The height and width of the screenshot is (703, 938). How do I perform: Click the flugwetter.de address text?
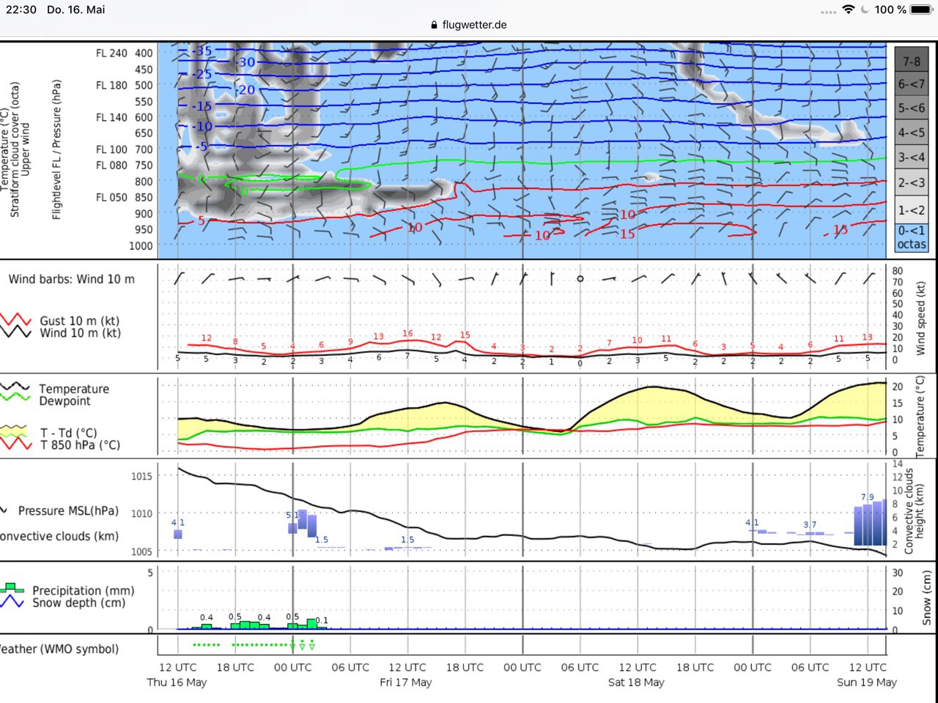click(x=474, y=25)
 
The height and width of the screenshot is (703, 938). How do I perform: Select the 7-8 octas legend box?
click(x=911, y=62)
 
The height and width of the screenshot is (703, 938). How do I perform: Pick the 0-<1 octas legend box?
click(x=911, y=237)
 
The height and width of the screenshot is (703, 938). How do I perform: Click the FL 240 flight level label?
click(x=111, y=53)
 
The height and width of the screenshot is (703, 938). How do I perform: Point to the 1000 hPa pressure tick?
click(x=141, y=246)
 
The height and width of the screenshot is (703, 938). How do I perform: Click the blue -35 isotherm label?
click(x=202, y=51)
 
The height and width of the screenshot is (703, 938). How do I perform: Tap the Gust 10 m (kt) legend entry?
click(x=79, y=321)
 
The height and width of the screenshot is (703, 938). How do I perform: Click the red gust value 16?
click(x=407, y=334)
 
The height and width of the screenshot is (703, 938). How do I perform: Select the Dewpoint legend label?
click(x=64, y=401)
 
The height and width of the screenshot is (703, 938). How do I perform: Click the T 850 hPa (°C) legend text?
click(x=80, y=445)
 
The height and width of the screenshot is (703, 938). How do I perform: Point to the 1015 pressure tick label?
click(x=141, y=476)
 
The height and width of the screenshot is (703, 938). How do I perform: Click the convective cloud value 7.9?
click(x=867, y=497)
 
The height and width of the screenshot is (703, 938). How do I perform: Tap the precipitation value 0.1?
click(x=322, y=621)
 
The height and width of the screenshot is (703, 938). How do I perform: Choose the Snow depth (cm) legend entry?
click(x=78, y=603)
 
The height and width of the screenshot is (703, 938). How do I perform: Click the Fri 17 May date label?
click(x=405, y=682)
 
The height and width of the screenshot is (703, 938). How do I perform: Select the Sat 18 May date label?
click(x=636, y=682)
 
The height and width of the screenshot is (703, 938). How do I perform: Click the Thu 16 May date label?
click(x=177, y=682)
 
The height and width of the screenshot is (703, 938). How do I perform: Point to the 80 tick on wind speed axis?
click(x=897, y=271)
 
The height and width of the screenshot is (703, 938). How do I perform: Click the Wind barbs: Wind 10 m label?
click(x=71, y=279)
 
